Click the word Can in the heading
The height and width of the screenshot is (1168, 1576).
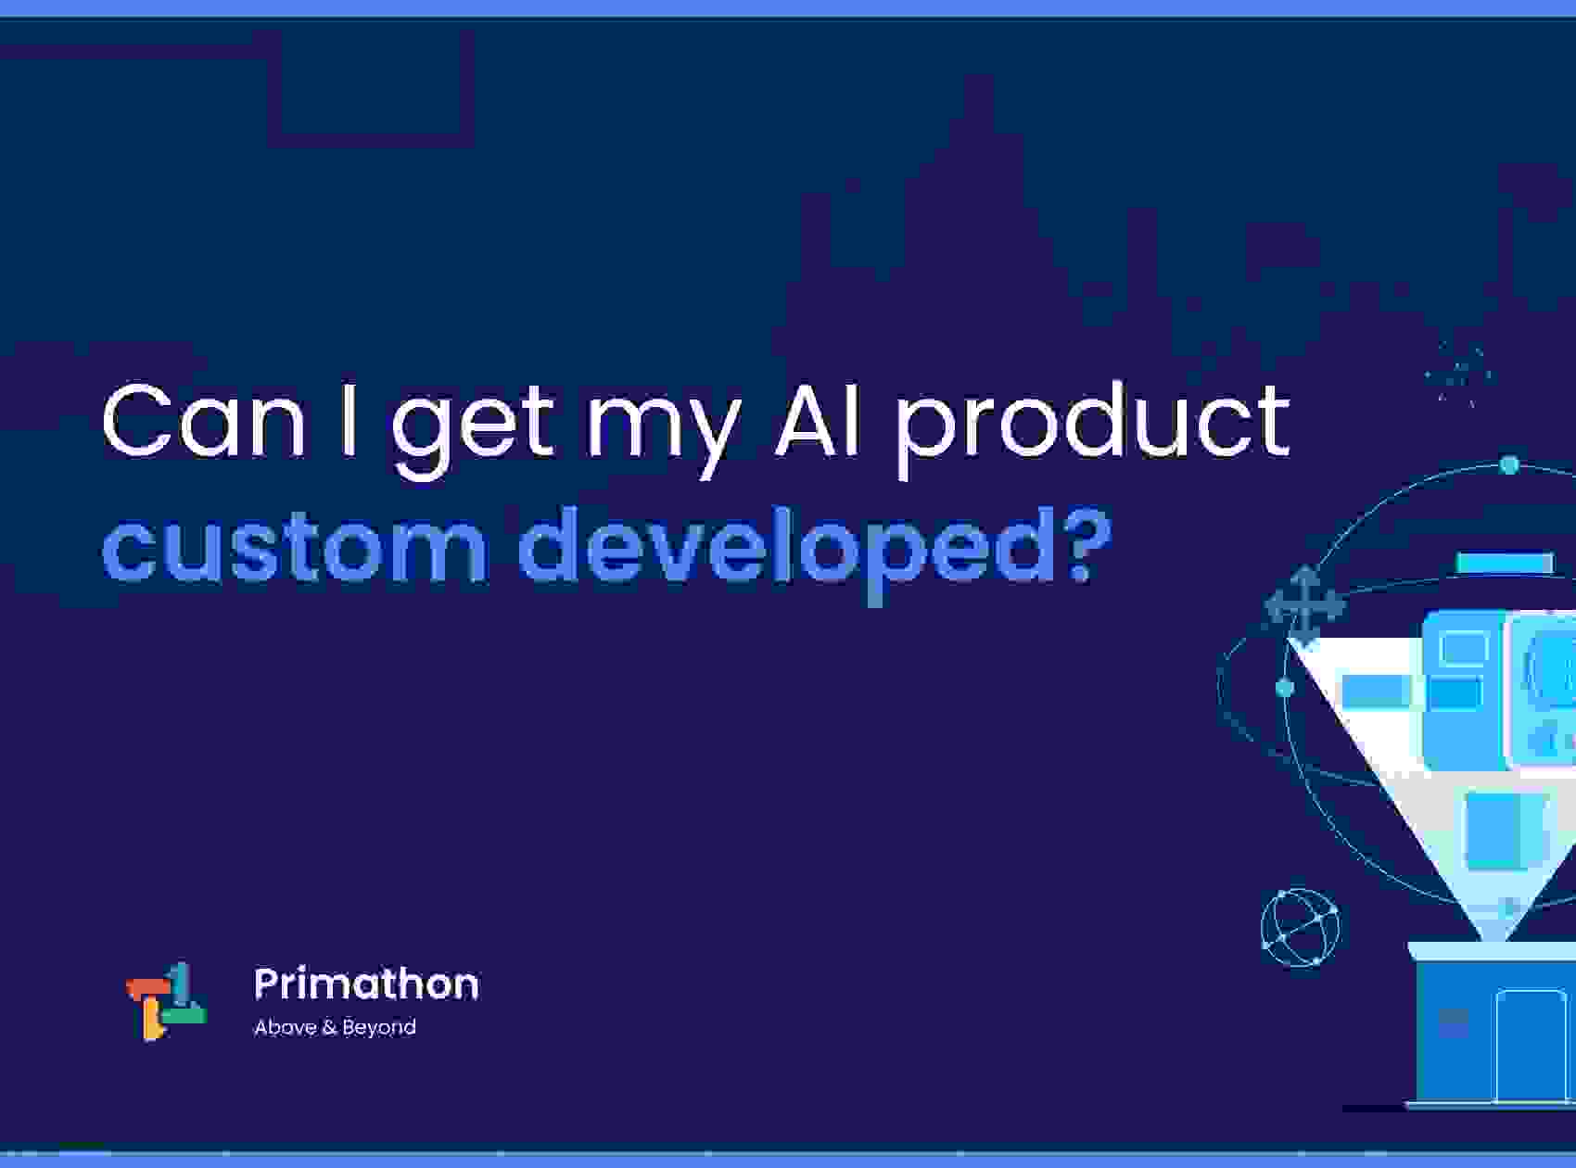coord(203,421)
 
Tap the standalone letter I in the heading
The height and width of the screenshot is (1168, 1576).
coord(349,421)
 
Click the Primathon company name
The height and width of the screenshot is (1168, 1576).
coord(366,984)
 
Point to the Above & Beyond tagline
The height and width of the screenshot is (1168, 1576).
coord(335,1027)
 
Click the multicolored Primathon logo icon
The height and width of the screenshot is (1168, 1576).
coord(166,1001)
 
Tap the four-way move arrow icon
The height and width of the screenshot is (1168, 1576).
coord(1304,605)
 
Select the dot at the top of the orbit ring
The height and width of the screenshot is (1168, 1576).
coord(1509,464)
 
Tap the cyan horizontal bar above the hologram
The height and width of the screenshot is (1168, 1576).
coord(1504,563)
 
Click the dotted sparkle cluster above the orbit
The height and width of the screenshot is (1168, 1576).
coord(1459,375)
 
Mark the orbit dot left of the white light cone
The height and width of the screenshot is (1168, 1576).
coord(1284,688)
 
